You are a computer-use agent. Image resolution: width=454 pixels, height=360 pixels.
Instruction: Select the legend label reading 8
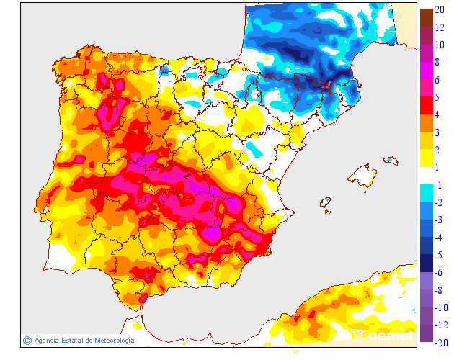(x=439, y=62)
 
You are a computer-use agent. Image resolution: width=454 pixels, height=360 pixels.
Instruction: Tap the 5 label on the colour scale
(x=439, y=97)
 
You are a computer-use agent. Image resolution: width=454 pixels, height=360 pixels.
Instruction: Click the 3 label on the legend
(x=439, y=132)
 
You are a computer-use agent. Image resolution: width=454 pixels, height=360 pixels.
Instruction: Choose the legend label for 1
(x=439, y=167)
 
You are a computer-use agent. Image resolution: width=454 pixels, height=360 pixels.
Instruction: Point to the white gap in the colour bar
(x=426, y=176)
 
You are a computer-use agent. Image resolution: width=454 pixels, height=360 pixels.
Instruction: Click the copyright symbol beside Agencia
(x=27, y=341)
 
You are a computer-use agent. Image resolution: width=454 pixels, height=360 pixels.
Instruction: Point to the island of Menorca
(x=391, y=159)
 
